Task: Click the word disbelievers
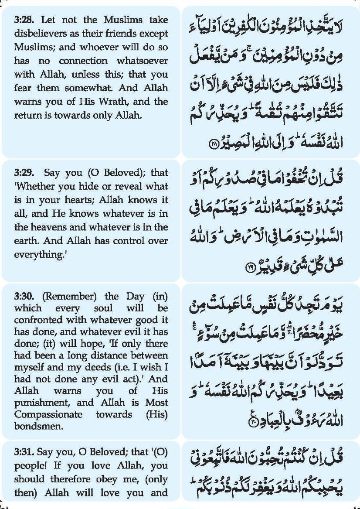click(x=38, y=34)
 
